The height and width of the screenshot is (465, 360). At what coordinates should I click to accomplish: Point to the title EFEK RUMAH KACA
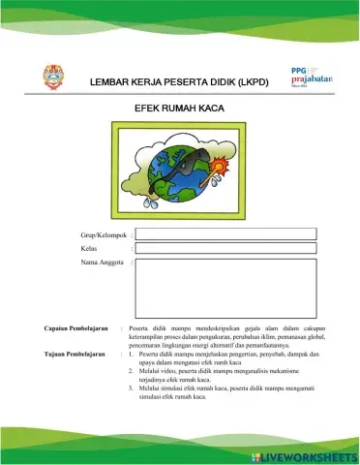179,109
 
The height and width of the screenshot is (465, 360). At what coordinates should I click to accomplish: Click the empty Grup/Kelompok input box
224,233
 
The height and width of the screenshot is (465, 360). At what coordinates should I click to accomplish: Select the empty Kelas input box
224,249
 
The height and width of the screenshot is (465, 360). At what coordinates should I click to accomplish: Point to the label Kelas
91,250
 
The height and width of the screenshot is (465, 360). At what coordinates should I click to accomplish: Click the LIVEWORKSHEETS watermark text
309,454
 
